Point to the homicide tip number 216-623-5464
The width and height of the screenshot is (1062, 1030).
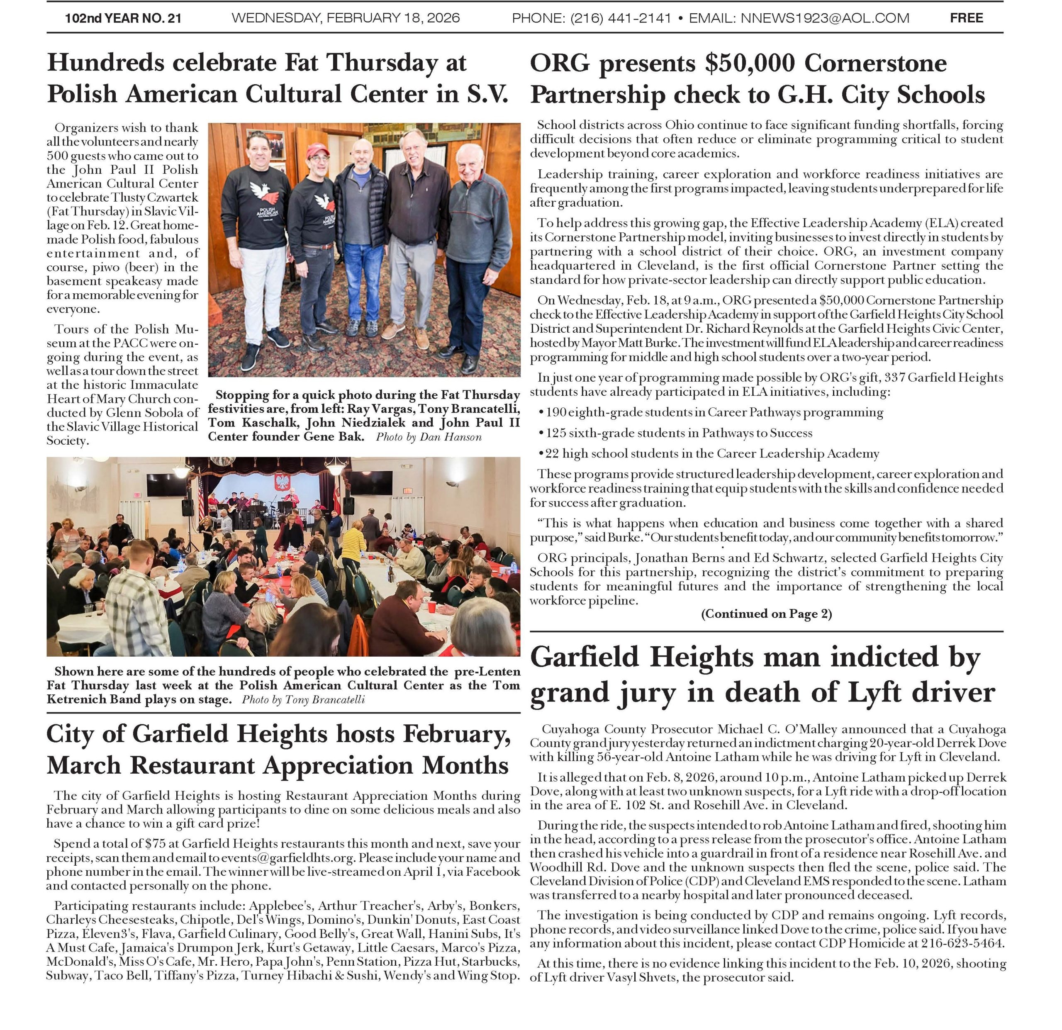[963, 943]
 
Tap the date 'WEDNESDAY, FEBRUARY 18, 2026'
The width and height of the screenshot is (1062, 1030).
[346, 18]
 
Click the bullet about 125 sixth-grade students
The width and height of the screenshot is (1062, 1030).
[678, 433]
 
